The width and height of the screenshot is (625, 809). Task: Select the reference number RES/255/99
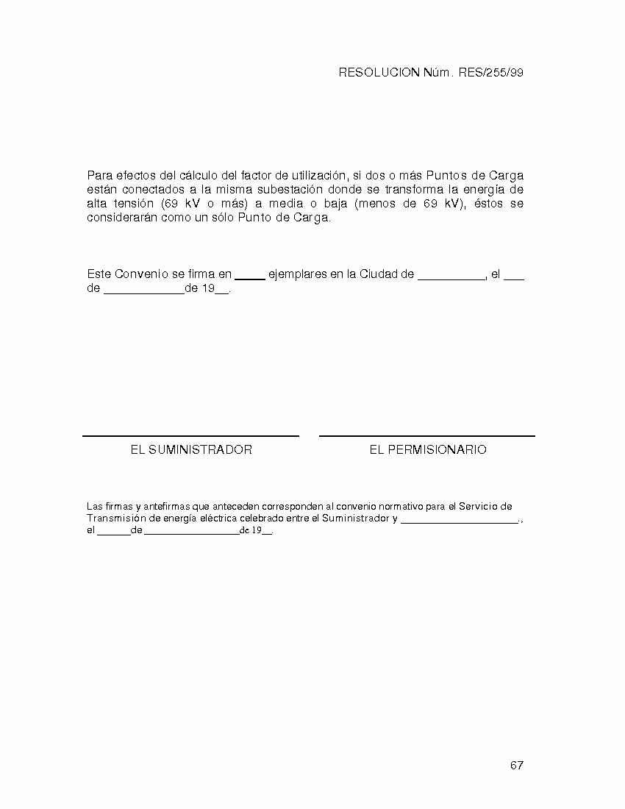coord(491,73)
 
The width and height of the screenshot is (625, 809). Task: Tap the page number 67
coord(516,766)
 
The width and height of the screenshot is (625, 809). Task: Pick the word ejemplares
coord(298,274)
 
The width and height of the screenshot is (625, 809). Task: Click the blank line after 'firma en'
coord(250,279)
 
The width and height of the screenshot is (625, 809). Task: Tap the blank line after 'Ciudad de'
coord(451,279)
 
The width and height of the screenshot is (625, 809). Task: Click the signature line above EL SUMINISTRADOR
coord(190,436)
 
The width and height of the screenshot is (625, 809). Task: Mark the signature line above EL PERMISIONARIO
coord(426,436)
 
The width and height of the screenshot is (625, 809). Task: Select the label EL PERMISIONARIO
coord(427,449)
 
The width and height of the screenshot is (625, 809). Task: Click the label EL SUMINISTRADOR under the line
coord(191,449)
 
